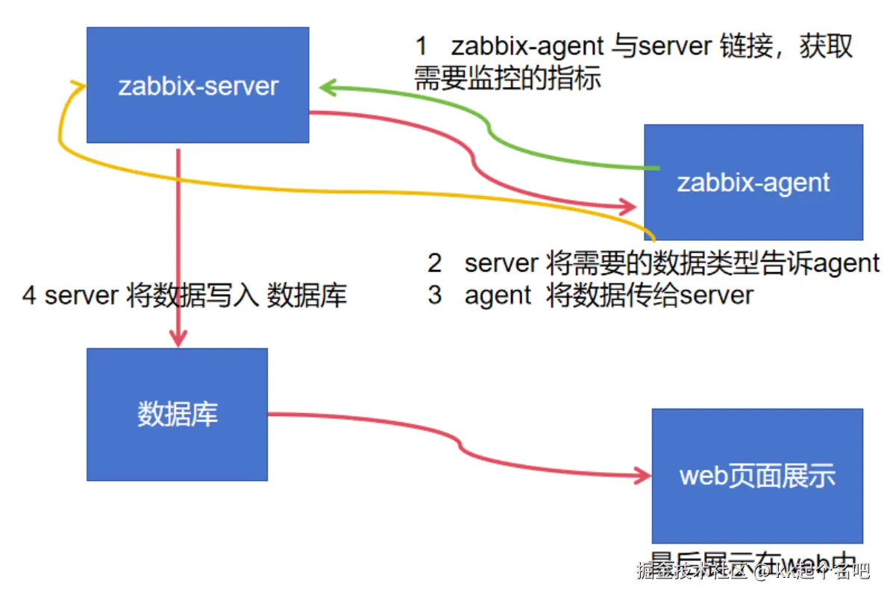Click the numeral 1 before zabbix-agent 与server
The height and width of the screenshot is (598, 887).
(x=421, y=46)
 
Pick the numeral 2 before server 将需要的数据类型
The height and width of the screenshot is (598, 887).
(x=435, y=262)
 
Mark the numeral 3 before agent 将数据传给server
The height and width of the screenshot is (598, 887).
(x=435, y=295)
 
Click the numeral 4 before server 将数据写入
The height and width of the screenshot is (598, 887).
(x=30, y=296)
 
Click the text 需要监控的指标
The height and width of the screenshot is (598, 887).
(x=507, y=78)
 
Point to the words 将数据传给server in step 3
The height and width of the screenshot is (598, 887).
(x=649, y=295)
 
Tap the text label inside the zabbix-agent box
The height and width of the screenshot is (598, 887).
(x=753, y=183)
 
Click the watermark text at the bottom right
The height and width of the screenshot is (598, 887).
(x=753, y=571)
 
